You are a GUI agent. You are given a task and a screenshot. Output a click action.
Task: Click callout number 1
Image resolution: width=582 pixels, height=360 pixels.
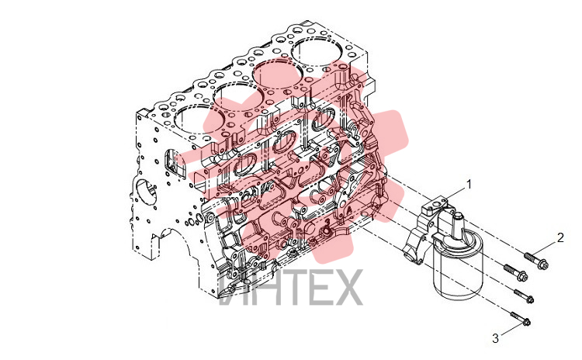tap(469, 184)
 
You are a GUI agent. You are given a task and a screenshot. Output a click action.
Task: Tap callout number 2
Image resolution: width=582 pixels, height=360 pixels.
tap(560, 237)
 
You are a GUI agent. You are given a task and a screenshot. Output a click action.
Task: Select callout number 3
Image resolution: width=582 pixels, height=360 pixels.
tap(496, 338)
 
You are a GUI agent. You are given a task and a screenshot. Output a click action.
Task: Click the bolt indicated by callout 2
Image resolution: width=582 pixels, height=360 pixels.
tap(536, 261)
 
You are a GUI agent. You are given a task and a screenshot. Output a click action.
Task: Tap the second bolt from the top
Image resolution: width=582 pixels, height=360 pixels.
tap(515, 272)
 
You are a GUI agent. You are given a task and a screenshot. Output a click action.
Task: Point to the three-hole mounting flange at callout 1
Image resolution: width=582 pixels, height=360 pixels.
tap(436, 205)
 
